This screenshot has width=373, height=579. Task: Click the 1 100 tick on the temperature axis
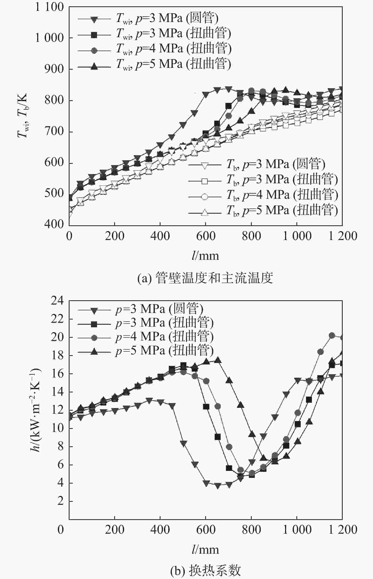(x=49, y=7)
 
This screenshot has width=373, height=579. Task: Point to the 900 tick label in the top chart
(x=54, y=69)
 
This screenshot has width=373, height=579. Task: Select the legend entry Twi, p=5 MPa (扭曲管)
(x=173, y=64)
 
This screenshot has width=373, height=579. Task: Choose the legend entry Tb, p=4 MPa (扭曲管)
(x=282, y=195)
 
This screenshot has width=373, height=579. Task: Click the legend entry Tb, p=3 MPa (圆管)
(x=275, y=164)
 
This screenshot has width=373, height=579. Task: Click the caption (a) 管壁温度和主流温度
(x=205, y=278)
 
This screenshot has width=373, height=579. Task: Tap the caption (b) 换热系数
(x=205, y=570)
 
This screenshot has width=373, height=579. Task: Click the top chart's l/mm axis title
(x=205, y=256)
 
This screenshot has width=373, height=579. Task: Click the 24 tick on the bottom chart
(x=57, y=301)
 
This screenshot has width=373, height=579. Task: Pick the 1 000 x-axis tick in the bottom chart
(x=297, y=529)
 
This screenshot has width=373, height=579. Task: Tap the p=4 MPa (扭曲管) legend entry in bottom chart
(x=164, y=337)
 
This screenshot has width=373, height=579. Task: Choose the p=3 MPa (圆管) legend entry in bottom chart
(x=159, y=309)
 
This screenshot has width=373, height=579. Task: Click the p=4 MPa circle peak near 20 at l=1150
(x=332, y=335)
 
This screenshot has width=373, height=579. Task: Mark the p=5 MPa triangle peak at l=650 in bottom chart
(x=217, y=360)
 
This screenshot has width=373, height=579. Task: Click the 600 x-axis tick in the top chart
(x=206, y=236)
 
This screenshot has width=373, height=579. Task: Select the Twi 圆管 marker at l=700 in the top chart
(x=228, y=89)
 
